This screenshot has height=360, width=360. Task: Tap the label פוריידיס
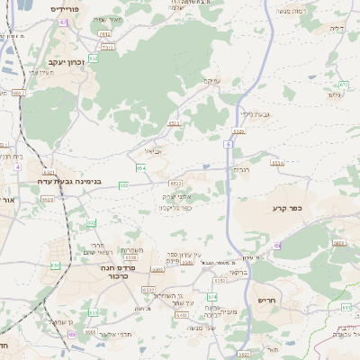click(x=65, y=9)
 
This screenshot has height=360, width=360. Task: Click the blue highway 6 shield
click(x=229, y=144)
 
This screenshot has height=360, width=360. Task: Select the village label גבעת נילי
click(x=257, y=114)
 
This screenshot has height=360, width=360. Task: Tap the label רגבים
click(x=242, y=169)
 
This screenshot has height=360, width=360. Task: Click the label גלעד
click(x=336, y=94)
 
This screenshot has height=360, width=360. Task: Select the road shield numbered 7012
click(x=104, y=34)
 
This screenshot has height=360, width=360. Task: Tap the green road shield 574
click(x=212, y=296)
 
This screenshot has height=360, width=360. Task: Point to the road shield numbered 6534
click(x=277, y=163)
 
